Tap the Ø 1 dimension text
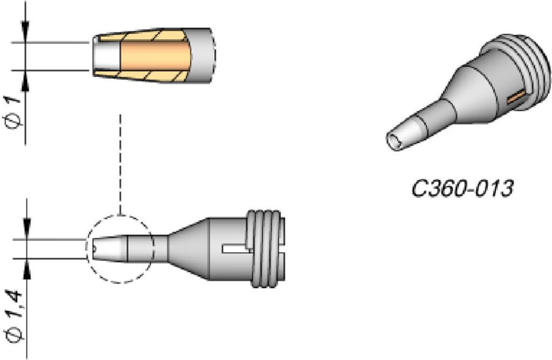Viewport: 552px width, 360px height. click(x=14, y=112)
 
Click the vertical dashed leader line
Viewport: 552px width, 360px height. click(x=120, y=164)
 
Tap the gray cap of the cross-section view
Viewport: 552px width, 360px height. click(x=203, y=56)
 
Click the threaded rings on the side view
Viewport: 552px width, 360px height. click(x=266, y=248)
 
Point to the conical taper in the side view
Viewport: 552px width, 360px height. click(x=188, y=248)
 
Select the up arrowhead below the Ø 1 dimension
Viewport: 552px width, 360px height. click(x=25, y=81)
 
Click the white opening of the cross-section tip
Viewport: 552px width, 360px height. click(x=107, y=56)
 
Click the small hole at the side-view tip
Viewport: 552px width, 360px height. click(x=94, y=249)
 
